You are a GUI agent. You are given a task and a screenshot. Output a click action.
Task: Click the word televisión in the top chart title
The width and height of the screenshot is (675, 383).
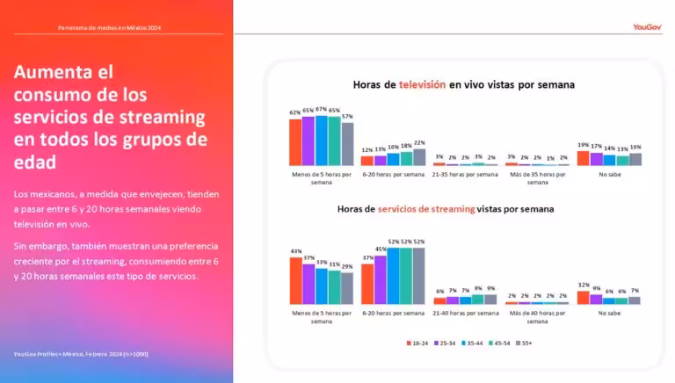tap(423, 85)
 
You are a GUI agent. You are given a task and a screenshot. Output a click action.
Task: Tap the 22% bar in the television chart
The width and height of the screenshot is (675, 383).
tap(419, 156)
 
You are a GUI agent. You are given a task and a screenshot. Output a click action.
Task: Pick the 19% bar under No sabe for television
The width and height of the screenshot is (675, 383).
tap(583, 158)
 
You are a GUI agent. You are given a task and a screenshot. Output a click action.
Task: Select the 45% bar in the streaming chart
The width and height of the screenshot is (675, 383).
tap(380, 279)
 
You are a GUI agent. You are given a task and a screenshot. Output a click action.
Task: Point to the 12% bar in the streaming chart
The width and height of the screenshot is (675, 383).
tap(583, 297)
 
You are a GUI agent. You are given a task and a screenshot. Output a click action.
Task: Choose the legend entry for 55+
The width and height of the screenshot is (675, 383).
tap(524, 342)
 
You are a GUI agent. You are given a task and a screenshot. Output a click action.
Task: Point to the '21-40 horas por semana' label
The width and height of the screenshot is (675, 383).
tap(465, 313)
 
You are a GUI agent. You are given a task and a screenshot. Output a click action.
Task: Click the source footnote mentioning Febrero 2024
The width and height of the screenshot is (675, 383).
tap(80, 353)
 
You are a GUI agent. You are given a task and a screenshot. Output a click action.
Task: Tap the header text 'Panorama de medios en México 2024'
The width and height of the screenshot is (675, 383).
tap(110, 28)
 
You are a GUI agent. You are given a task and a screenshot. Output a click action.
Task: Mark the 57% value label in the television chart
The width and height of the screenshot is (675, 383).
tap(347, 116)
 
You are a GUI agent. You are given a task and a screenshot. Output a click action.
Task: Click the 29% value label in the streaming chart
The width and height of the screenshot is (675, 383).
tap(347, 266)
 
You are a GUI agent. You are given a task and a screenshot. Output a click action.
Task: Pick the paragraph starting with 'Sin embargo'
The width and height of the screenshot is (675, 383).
tap(116, 261)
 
